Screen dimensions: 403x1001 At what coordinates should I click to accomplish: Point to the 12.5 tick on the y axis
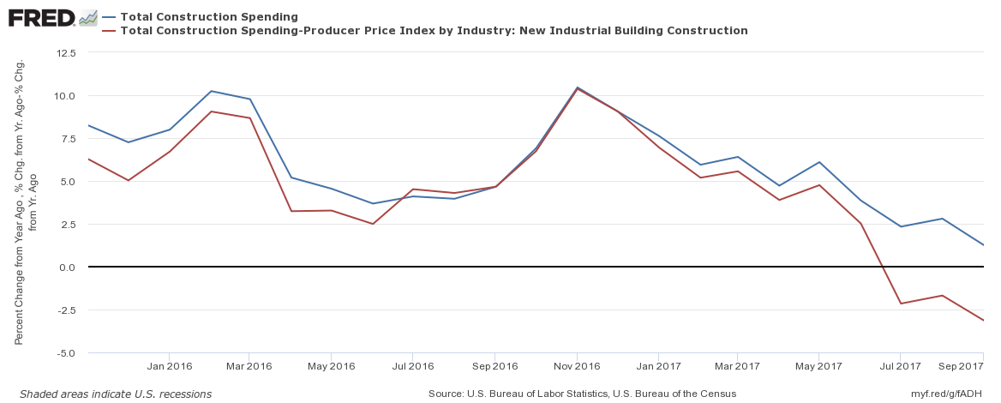[x=65, y=53]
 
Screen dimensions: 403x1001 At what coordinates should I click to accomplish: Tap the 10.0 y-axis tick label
[x=65, y=96]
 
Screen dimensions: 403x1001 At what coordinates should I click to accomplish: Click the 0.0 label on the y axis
[x=68, y=268]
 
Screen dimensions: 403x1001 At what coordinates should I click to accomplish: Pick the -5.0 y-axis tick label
[x=65, y=353]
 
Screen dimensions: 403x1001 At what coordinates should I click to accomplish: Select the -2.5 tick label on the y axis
[x=65, y=310]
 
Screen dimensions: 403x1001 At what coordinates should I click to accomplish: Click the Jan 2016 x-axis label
[x=169, y=366]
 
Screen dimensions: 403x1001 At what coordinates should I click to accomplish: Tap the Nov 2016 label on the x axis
[x=577, y=366]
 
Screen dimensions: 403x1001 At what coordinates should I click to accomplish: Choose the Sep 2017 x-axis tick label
[x=958, y=366]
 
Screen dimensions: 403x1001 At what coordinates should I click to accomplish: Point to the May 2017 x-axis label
[x=819, y=366]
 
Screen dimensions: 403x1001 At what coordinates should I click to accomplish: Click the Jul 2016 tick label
[x=412, y=366]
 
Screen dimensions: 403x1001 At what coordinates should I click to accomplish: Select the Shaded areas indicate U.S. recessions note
[x=116, y=394]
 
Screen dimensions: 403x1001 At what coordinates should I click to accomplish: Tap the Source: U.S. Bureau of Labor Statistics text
[x=583, y=394]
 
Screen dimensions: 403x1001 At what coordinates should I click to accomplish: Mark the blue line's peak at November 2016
[x=577, y=87]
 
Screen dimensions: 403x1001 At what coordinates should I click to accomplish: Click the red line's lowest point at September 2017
[x=983, y=321]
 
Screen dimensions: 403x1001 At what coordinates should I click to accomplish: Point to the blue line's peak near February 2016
[x=211, y=91]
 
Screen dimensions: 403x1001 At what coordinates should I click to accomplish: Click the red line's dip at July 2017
[x=901, y=304]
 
